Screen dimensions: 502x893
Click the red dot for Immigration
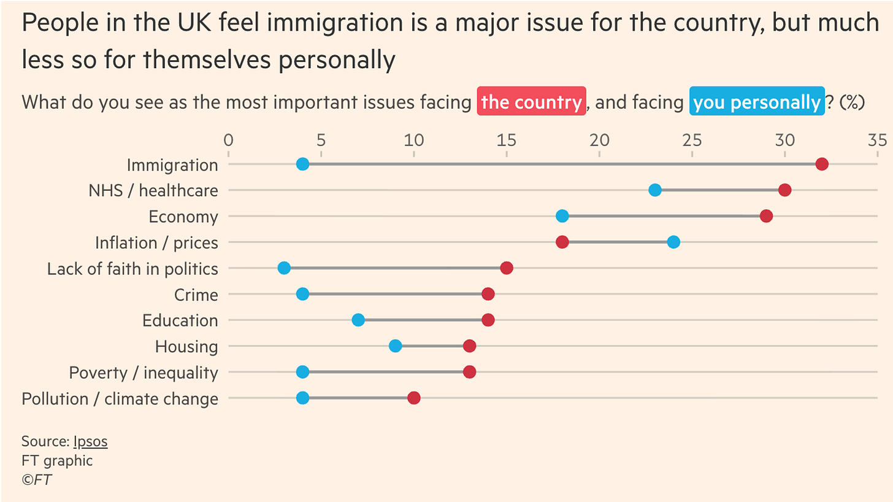coord(822,164)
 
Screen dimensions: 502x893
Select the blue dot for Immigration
coord(302,164)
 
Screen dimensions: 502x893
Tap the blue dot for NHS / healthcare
coord(655,190)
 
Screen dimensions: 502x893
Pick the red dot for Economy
coord(766,216)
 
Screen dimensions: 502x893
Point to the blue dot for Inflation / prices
coord(673,242)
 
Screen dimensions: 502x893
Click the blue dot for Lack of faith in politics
coord(284,268)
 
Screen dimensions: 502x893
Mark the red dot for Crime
coord(488,294)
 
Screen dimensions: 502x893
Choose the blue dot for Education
coord(358,320)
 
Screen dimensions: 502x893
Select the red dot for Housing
coord(470,346)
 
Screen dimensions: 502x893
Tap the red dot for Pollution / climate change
coord(414,398)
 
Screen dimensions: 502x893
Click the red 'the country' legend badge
coord(532,102)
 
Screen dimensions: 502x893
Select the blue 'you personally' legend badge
coord(757,102)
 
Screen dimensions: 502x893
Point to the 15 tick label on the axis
coord(507,141)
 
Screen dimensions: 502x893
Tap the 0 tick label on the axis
coord(228,141)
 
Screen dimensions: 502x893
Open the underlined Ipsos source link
coord(90,441)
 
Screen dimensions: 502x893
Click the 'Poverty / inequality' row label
coord(144,373)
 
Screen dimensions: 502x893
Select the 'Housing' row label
coord(186,347)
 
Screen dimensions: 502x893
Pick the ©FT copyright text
coord(37,480)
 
